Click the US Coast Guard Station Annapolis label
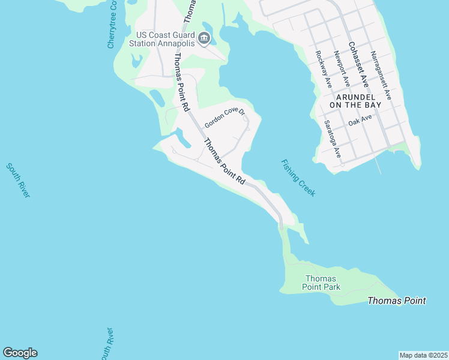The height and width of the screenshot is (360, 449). tap(166, 39)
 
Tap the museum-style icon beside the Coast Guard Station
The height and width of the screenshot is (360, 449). tap(204, 40)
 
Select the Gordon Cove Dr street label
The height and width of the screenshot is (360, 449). tap(225, 118)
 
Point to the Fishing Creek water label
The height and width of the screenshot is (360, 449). tap(298, 178)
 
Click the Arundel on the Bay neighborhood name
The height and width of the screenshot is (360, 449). tap(358, 100)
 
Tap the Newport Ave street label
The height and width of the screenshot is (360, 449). tap(342, 68)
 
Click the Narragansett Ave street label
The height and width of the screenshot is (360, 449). tap(381, 75)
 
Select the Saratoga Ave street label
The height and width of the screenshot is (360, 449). tap(333, 139)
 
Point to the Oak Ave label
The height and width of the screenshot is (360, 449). tap(360, 120)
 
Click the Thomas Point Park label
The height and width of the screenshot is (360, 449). tap(322, 283)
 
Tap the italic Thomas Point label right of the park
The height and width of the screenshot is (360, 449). tap(396, 301)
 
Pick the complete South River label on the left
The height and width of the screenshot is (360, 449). tap(18, 180)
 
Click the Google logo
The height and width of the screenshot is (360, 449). tap(20, 353)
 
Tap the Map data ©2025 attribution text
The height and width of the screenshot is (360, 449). tap(423, 355)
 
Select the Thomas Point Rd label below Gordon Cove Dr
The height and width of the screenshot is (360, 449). tap(225, 162)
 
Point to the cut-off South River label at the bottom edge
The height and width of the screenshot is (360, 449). tap(106, 344)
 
